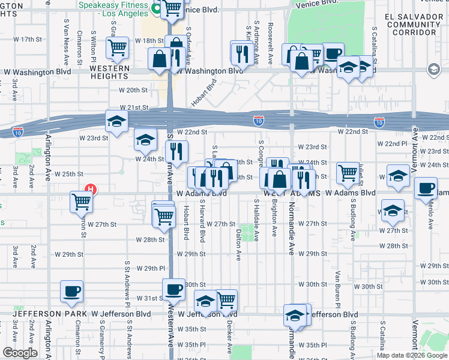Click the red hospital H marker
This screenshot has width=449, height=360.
(90, 190)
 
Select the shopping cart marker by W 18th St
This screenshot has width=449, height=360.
(117, 47)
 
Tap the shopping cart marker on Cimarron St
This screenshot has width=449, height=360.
(81, 202)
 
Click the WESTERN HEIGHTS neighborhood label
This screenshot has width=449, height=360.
(110, 68)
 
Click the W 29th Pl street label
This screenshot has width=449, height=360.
(151, 268)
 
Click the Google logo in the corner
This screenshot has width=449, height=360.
(20, 353)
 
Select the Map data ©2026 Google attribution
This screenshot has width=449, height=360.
(412, 355)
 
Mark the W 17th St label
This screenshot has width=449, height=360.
(34, 39)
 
